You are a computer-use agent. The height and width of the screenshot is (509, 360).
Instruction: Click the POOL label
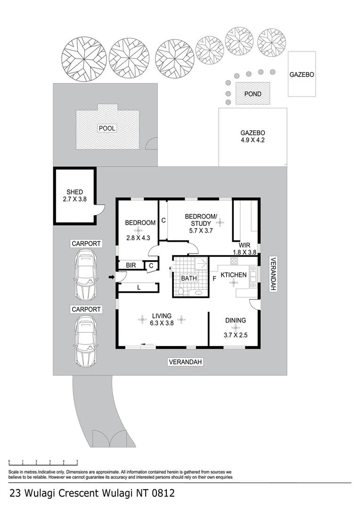[x=107, y=128]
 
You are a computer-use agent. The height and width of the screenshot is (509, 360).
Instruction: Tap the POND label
[x=253, y=94]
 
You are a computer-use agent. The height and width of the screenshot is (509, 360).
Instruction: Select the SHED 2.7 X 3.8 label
[x=74, y=196]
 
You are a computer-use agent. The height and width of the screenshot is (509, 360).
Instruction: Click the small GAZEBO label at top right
[x=302, y=74]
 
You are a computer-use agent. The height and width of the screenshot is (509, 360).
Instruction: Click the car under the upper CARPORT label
[x=86, y=275]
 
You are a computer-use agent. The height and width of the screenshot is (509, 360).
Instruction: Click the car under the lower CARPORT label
[x=86, y=340]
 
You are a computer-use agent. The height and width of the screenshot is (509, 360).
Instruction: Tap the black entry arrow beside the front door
[x=111, y=277]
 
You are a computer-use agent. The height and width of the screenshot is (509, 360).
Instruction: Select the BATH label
[x=189, y=279]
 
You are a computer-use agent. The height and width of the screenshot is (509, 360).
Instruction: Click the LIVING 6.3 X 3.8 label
[x=161, y=320]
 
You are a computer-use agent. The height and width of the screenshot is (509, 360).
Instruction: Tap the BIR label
[x=131, y=266]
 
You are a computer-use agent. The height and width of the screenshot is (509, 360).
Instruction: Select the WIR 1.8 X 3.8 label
[x=245, y=248]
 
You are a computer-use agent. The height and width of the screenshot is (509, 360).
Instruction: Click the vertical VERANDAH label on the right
[x=272, y=275]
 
